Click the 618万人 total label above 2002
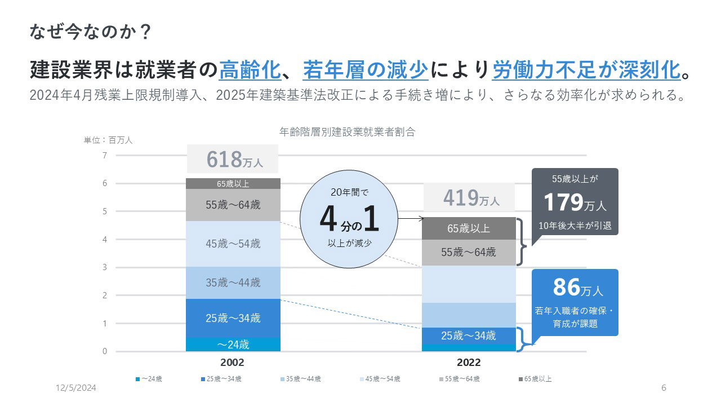tap(233, 159)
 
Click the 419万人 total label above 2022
tap(470, 198)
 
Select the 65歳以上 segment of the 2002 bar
tap(233, 183)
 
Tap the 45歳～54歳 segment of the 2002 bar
tap(233, 244)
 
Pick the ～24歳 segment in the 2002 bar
tap(233, 344)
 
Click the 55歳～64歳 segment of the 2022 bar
tap(469, 252)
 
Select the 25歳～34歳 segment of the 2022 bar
tap(469, 336)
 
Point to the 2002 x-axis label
tap(233, 363)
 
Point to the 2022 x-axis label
tap(469, 363)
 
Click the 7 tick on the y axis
tap(105, 156)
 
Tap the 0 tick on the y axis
tap(105, 351)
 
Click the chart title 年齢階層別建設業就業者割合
tap(348, 133)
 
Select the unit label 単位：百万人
tap(108, 140)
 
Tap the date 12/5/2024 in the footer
tap(76, 388)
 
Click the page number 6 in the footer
tap(664, 388)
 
